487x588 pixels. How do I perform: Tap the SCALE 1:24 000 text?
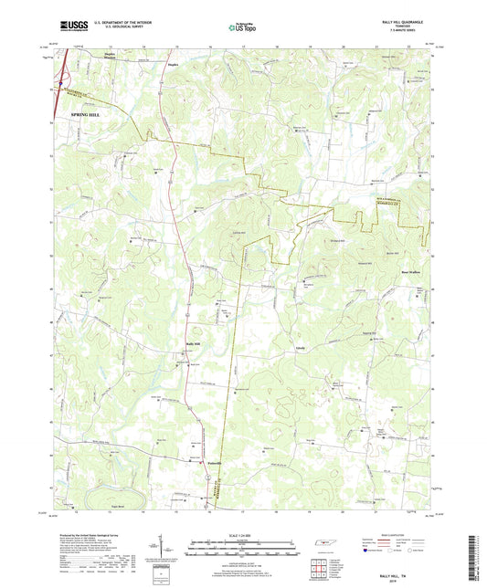pos(243,534)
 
